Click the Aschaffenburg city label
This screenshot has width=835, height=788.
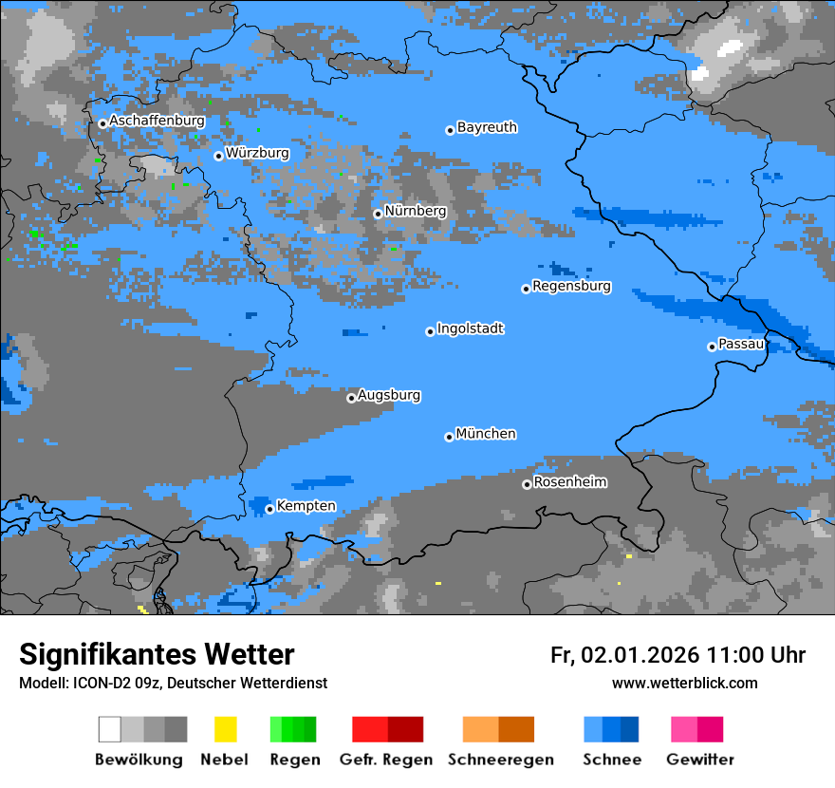point(157,122)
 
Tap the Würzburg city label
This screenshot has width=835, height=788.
point(257,153)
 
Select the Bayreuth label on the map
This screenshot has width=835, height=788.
point(487,127)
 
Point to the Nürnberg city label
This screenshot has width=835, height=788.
point(415,211)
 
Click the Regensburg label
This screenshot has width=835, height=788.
point(571,286)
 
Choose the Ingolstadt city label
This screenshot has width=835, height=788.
point(470,328)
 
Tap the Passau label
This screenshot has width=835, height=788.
point(741,344)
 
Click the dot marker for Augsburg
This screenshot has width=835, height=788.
point(351,398)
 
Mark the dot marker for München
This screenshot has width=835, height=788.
point(449,437)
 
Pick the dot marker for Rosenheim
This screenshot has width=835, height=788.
point(527,484)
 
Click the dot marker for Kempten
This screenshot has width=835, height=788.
point(269,509)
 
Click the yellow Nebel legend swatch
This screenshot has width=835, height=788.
point(225,729)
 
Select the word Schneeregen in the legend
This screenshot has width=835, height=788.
point(500,760)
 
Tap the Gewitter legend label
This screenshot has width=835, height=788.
point(700,760)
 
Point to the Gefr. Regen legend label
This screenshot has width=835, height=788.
point(386,760)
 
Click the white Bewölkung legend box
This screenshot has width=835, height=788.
point(110,729)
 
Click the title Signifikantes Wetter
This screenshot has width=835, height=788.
point(157,655)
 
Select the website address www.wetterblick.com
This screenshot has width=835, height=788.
point(684,684)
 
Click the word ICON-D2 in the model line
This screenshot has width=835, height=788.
point(97,684)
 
